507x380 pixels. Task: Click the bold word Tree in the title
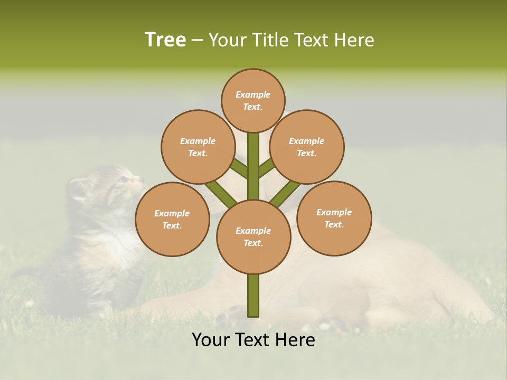(165, 40)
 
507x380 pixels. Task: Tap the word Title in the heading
(271, 40)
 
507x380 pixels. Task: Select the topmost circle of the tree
(253, 100)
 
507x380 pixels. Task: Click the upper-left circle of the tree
(198, 147)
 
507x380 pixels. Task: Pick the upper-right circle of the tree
(307, 147)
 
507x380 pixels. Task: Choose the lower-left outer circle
(172, 219)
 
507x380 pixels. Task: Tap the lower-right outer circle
(334, 218)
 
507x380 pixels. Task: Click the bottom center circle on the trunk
(253, 237)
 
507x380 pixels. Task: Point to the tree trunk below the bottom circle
(253, 296)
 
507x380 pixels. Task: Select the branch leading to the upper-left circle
(239, 168)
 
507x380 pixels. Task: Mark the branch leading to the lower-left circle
(221, 194)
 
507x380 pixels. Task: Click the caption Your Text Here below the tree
(253, 340)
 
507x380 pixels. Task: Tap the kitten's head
(119, 185)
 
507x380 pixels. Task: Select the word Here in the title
(355, 40)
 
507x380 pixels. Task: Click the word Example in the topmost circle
(253, 94)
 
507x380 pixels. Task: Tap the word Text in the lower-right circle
(334, 224)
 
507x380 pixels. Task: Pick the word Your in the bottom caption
(210, 340)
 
